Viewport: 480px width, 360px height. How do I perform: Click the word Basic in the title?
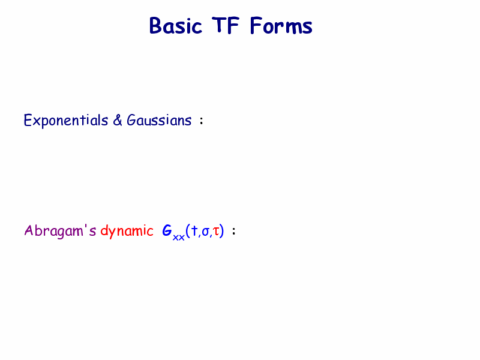(175, 26)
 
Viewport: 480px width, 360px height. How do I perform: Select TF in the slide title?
(226, 25)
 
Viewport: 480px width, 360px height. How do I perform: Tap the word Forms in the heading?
(281, 25)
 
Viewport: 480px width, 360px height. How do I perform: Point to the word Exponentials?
(66, 121)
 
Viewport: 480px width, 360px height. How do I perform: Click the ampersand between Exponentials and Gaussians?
(118, 121)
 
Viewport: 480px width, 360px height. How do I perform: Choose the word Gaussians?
(159, 120)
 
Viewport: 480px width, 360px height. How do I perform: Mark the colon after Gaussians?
(201, 121)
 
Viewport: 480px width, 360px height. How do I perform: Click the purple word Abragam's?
(61, 231)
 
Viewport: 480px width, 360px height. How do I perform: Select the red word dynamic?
(127, 231)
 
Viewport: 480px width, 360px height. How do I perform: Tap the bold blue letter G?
(167, 230)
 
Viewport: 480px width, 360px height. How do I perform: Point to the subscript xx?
(179, 237)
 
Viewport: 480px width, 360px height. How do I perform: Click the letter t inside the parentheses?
(194, 231)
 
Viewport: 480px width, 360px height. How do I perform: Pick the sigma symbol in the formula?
(206, 232)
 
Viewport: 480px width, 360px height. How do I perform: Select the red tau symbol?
(216, 232)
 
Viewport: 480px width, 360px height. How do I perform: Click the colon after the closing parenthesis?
(234, 231)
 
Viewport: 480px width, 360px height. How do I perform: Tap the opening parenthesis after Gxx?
(188, 231)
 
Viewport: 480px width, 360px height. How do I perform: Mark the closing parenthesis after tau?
(222, 231)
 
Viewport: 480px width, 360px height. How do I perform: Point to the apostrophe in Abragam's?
(86, 227)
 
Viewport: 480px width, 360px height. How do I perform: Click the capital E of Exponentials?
(28, 121)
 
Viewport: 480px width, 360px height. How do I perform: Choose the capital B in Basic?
(155, 26)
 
